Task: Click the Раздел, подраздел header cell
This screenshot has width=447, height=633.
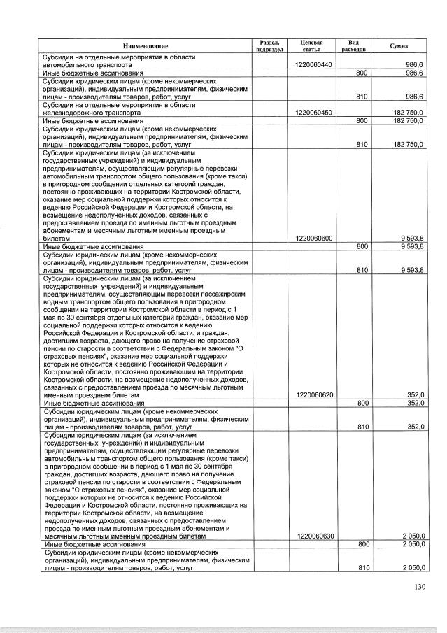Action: coord(269,45)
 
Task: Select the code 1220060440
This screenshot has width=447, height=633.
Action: coord(314,64)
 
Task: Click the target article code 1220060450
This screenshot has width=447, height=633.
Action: coord(314,112)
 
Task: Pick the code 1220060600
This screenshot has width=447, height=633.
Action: coord(314,239)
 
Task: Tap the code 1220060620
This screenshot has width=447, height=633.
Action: coord(314,394)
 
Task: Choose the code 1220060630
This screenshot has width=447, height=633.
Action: coord(314,536)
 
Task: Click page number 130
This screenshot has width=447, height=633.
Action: coord(419,587)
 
